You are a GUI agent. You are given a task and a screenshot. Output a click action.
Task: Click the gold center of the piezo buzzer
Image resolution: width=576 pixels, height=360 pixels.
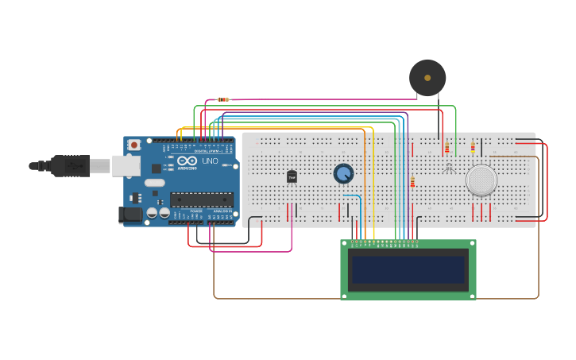tap(427, 78)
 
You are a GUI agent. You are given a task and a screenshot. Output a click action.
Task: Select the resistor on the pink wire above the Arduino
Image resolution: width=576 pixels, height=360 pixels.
tap(223, 99)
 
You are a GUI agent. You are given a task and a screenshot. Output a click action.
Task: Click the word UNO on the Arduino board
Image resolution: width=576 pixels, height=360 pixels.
tap(210, 161)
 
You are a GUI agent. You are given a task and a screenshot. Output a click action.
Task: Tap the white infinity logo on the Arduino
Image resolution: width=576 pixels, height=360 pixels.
tap(187, 161)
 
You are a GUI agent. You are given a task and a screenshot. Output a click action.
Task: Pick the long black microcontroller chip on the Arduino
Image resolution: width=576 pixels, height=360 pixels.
tap(202, 199)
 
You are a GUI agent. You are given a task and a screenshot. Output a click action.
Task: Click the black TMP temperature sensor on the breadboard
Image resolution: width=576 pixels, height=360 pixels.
tap(292, 176)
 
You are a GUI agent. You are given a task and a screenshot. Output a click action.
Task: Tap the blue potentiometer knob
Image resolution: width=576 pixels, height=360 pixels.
tap(343, 173)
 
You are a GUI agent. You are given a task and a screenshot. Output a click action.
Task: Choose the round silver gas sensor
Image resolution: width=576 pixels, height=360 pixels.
tap(481, 180)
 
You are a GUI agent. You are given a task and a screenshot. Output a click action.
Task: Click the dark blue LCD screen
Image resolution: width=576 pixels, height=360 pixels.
tap(408, 269)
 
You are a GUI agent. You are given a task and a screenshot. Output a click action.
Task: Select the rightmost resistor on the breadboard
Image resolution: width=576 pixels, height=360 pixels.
tap(474, 147)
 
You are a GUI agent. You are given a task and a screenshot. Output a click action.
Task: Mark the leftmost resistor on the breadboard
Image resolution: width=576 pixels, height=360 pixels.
tap(412, 182)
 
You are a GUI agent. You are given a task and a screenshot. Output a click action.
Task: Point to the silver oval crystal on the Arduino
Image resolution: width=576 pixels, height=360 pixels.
tap(155, 183)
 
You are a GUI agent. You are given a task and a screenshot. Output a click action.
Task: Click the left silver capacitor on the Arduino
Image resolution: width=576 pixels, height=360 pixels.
tap(153, 213)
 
